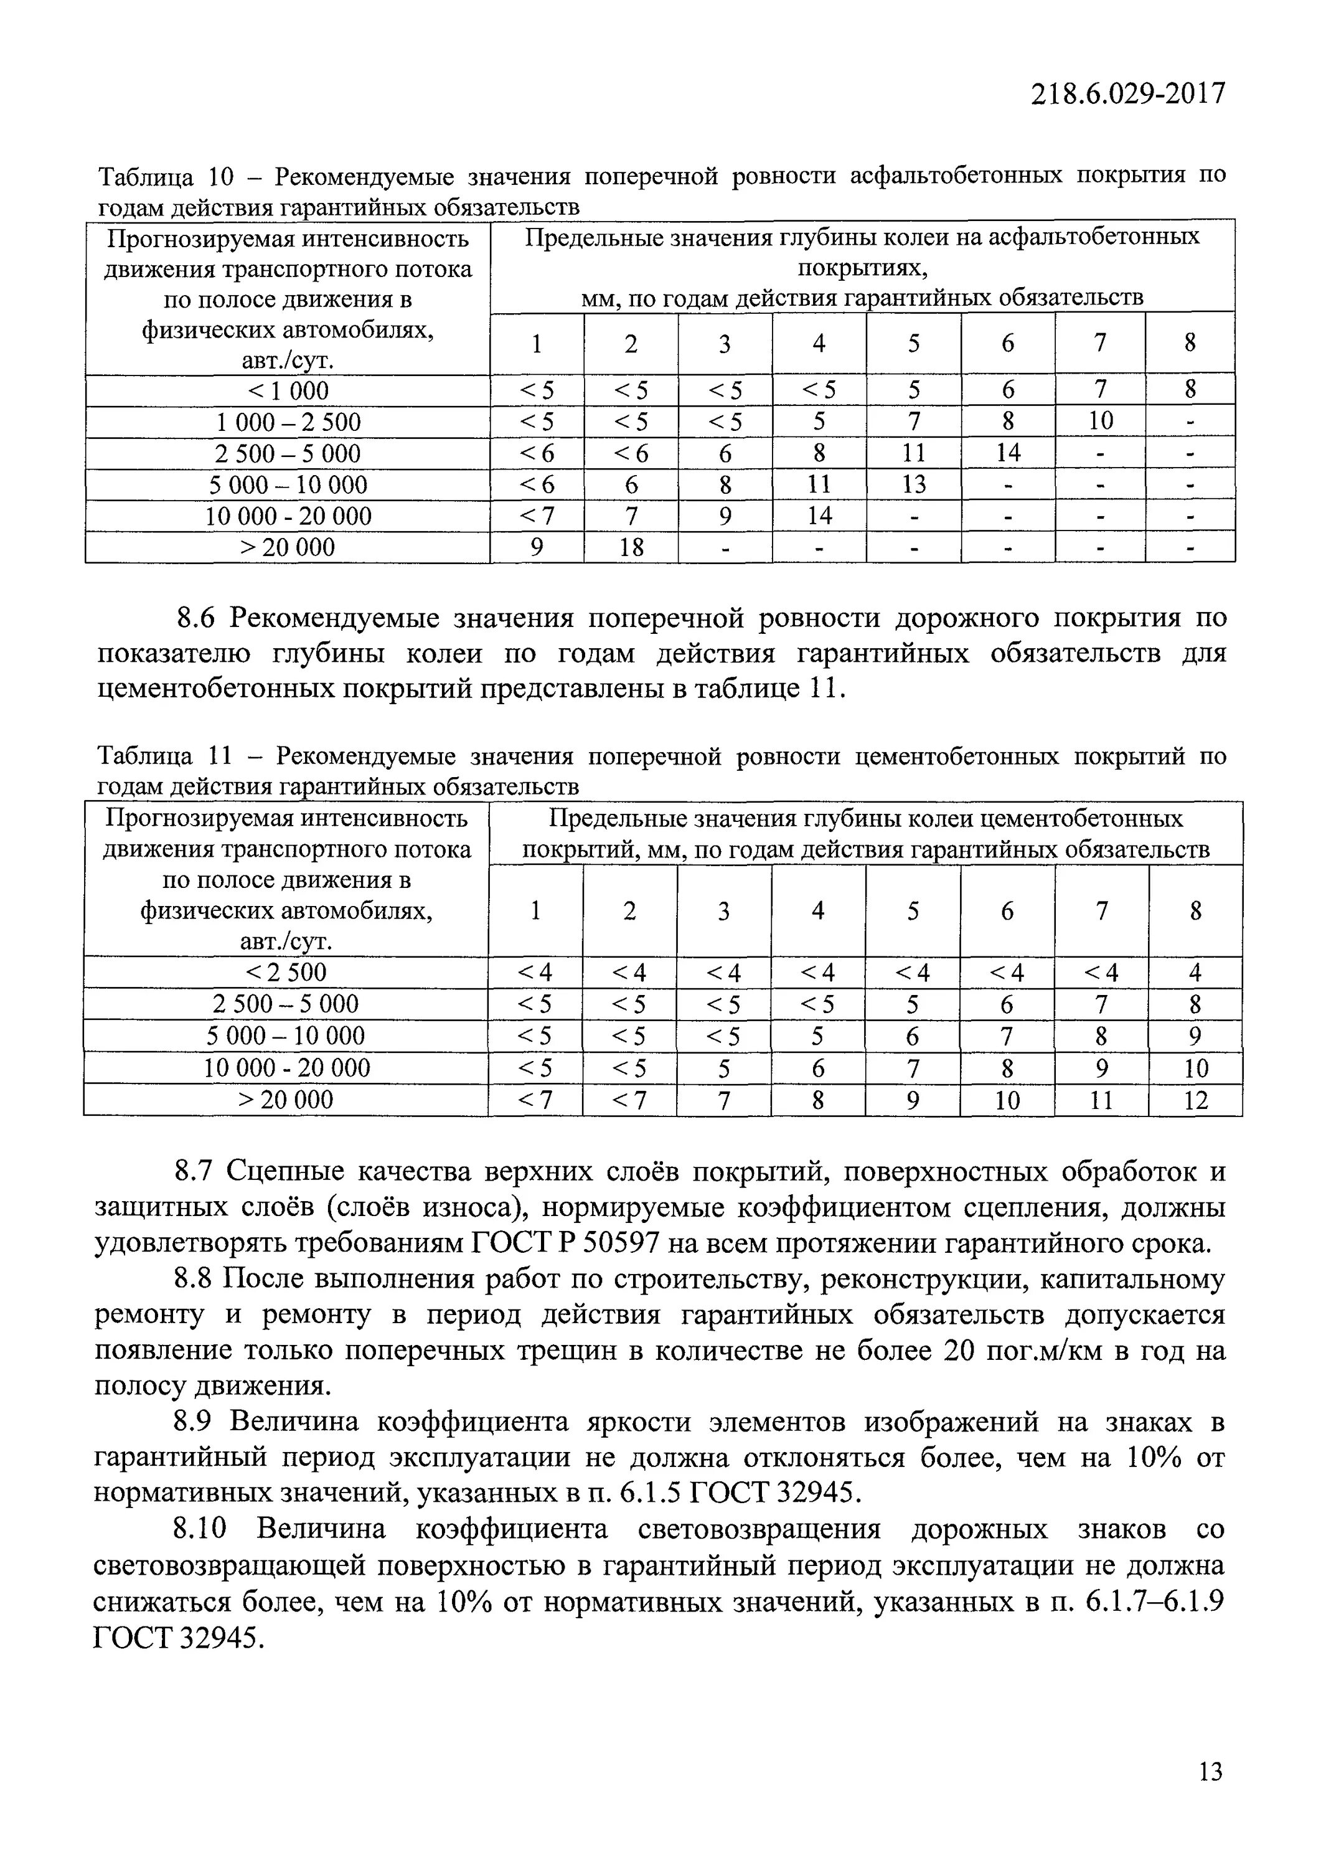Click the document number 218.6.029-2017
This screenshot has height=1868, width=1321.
click(x=1127, y=95)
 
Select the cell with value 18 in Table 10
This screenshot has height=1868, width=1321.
click(x=631, y=547)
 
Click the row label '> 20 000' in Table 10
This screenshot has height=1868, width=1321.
click(x=288, y=547)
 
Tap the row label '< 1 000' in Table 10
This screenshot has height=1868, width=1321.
click(x=288, y=390)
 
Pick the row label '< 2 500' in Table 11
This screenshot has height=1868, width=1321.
click(x=286, y=972)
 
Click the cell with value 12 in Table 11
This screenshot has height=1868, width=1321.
click(x=1195, y=1101)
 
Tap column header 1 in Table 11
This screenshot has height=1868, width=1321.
click(x=535, y=910)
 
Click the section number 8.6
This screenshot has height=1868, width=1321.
click(x=195, y=619)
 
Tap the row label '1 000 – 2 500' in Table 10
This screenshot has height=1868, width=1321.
click(x=288, y=422)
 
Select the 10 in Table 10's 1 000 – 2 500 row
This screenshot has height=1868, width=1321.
click(x=1100, y=422)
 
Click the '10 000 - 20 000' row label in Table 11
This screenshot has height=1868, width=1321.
click(x=286, y=1068)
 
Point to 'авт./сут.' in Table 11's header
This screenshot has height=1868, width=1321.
click(x=286, y=941)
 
